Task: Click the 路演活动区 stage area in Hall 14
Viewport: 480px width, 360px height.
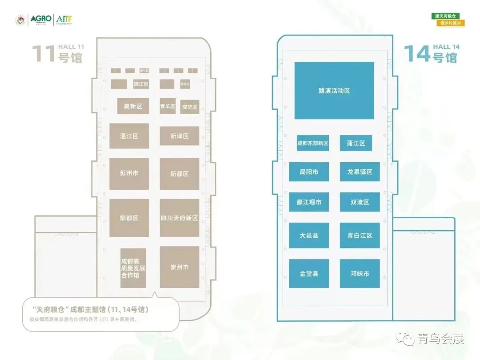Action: click(334, 91)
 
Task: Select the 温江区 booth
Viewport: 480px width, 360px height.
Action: click(129, 136)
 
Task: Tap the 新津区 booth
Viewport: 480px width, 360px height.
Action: click(180, 136)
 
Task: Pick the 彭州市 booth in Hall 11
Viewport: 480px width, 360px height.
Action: click(129, 173)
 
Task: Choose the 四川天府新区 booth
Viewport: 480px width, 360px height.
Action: click(180, 218)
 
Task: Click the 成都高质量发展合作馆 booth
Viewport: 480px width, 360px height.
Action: click(133, 268)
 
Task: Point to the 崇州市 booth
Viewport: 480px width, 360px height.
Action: click(180, 267)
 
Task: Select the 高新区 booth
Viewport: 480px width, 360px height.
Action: click(133, 106)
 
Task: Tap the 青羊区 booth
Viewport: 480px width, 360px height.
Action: click(168, 106)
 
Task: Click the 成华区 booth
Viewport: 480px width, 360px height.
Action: click(190, 107)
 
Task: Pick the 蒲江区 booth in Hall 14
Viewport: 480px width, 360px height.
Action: click(356, 143)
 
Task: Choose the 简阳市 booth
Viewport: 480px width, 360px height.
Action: click(309, 172)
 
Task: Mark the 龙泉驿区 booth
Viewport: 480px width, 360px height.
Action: click(360, 172)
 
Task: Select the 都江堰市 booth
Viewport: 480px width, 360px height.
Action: click(309, 202)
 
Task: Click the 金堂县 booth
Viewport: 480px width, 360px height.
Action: click(309, 273)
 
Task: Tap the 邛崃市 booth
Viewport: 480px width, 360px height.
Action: click(360, 273)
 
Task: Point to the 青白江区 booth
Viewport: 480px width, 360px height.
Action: click(360, 236)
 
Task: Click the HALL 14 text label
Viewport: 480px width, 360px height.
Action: click(446, 47)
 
